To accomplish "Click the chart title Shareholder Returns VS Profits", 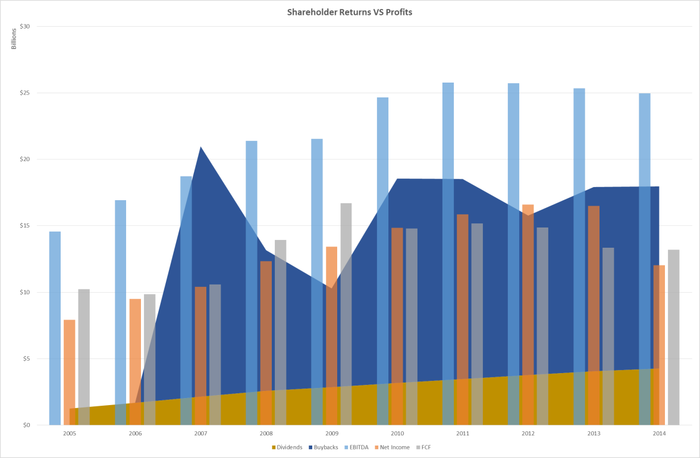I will tap(349, 11).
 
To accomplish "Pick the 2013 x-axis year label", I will tap(594, 434).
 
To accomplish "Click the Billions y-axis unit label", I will tap(14, 39).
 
